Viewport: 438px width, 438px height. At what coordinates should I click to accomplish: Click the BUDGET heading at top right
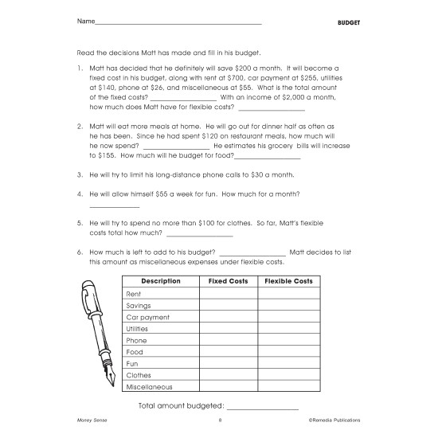tap(348, 22)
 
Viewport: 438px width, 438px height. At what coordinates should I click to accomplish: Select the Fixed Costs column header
tap(228, 281)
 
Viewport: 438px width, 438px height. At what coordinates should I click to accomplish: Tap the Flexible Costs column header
tap(288, 281)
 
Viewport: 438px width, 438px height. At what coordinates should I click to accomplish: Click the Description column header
tap(160, 281)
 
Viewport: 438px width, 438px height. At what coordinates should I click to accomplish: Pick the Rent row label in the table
tap(134, 293)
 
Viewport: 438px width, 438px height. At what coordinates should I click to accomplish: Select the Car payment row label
tap(147, 316)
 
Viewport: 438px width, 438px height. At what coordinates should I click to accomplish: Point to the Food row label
tap(135, 351)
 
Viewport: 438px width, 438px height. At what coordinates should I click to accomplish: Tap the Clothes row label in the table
tap(139, 375)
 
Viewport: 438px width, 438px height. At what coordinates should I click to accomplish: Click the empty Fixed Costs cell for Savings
tap(228, 305)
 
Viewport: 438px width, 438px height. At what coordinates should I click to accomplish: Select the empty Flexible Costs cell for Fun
tap(288, 363)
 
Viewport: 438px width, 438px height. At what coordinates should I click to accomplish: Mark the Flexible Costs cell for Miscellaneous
tap(288, 387)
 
